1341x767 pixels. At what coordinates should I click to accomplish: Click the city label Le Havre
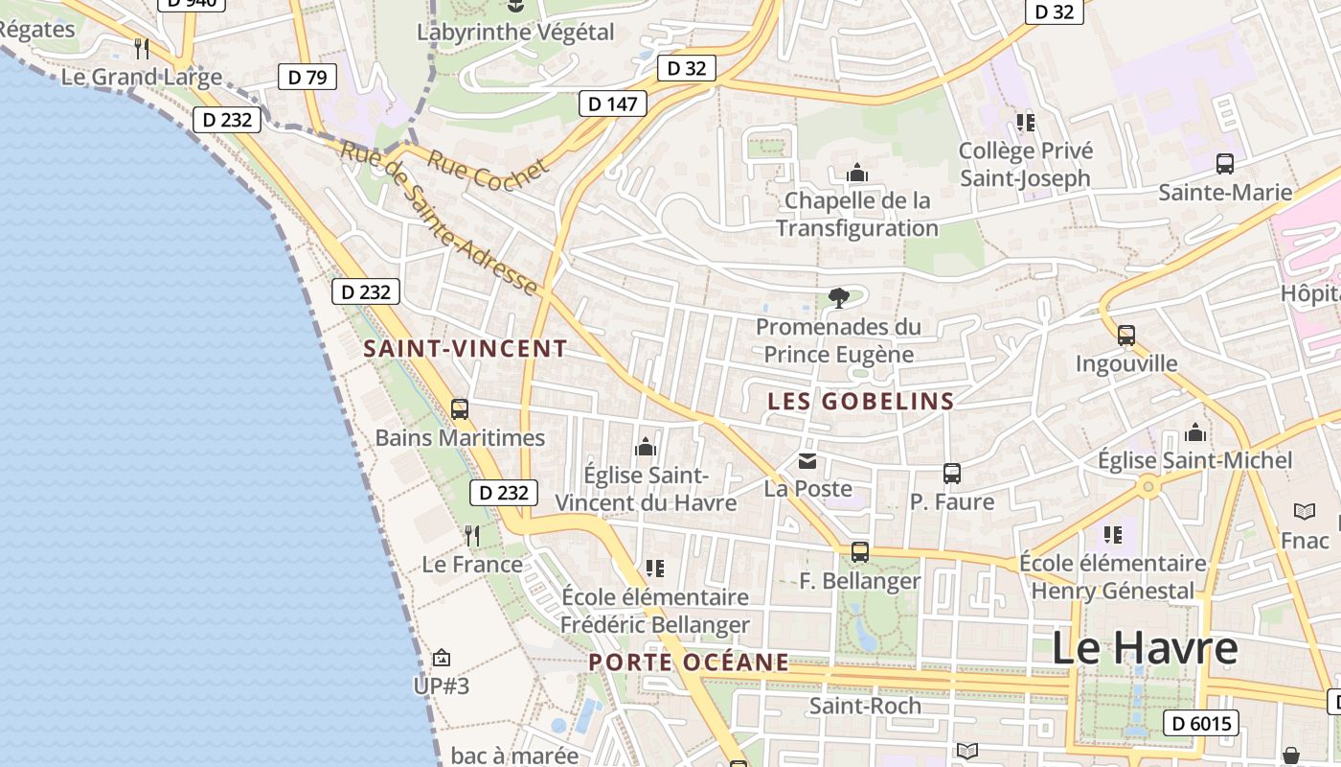(1145, 649)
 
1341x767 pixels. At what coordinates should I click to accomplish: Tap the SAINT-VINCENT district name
(466, 349)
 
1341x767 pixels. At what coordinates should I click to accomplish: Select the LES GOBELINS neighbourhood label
(861, 402)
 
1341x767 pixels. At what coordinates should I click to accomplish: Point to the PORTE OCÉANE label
(689, 662)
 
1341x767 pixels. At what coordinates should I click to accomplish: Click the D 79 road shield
(307, 78)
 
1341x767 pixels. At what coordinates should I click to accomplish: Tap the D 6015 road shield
(1201, 723)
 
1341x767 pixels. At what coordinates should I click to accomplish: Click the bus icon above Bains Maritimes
(460, 409)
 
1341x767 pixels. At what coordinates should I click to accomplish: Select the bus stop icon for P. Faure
(951, 474)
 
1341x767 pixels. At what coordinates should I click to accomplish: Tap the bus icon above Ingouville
(1126, 336)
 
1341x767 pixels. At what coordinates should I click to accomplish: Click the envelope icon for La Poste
(807, 462)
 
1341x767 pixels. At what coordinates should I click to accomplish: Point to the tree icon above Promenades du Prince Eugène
(839, 298)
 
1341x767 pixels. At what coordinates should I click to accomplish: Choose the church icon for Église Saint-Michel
(1195, 433)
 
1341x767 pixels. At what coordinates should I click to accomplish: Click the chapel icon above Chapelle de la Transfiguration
(856, 174)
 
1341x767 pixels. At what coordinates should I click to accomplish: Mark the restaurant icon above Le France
(472, 535)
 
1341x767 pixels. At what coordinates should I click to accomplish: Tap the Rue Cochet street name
(489, 173)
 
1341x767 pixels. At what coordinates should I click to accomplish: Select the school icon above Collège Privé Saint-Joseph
(1026, 123)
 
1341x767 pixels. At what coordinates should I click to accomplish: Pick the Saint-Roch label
(865, 707)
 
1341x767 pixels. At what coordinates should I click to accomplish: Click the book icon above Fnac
(1305, 512)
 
